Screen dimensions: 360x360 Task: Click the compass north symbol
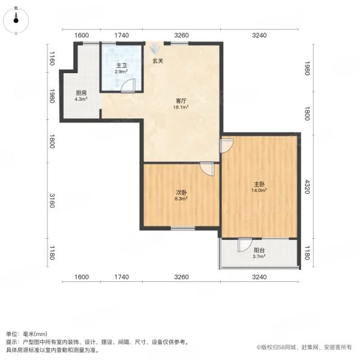click(16, 20)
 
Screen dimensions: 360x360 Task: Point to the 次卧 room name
click(181, 193)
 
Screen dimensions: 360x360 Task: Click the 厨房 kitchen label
click(82, 92)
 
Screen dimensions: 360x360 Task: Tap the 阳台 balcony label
click(259, 250)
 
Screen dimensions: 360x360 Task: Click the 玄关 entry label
click(157, 61)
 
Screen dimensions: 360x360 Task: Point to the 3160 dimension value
click(52, 202)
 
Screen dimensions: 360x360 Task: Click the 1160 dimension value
click(52, 59)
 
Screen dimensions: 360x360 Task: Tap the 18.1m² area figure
click(181, 108)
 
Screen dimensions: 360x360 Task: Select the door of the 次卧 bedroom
click(207, 169)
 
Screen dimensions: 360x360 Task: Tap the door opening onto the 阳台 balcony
click(244, 245)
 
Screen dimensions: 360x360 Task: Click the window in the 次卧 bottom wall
click(182, 228)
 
